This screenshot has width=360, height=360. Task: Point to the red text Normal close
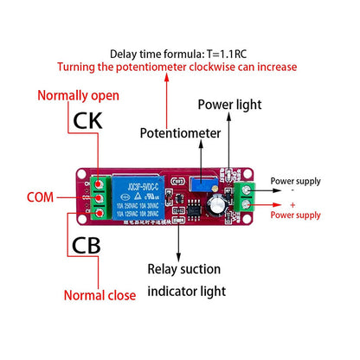100,295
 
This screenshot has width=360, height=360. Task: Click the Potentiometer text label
182,133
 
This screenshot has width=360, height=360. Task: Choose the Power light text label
228,105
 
